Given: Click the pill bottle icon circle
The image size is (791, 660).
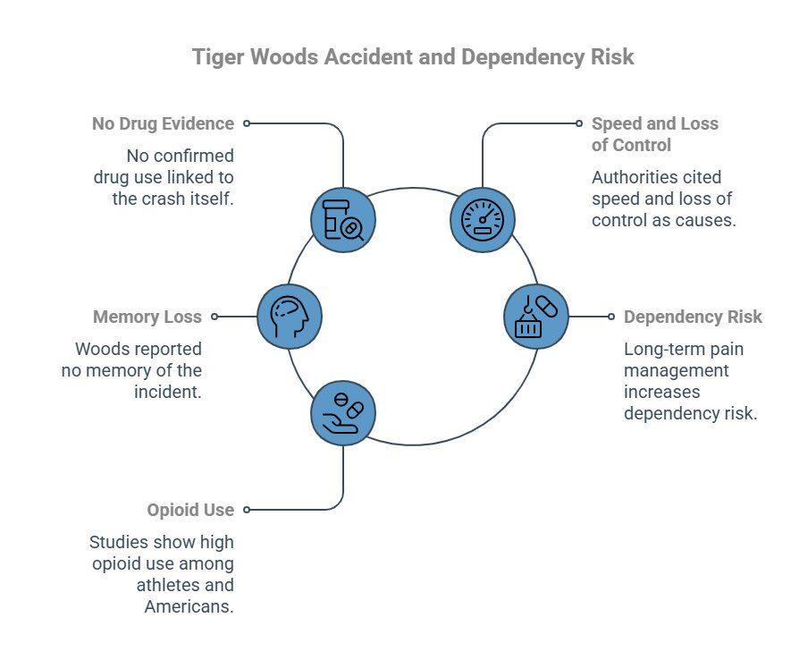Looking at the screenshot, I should click(343, 219).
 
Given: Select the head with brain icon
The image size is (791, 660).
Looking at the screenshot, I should click(289, 316).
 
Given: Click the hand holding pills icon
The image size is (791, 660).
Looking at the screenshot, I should click(343, 412).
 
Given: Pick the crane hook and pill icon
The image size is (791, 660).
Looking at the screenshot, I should click(536, 316).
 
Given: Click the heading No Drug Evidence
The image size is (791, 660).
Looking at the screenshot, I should click(163, 123).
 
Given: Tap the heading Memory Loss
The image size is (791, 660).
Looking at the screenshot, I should click(147, 317).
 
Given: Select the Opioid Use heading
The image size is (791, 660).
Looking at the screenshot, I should click(190, 510).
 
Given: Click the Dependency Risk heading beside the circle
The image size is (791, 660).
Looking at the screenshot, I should click(693, 317).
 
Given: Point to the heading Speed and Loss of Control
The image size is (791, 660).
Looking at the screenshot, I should click(654, 134).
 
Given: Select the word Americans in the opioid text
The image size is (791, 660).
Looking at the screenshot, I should click(189, 606).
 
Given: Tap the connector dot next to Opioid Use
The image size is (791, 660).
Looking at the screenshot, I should click(247, 510).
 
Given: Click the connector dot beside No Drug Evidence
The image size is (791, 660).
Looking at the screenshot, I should click(247, 123).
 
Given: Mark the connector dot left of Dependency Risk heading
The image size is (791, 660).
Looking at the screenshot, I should click(611, 317).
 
